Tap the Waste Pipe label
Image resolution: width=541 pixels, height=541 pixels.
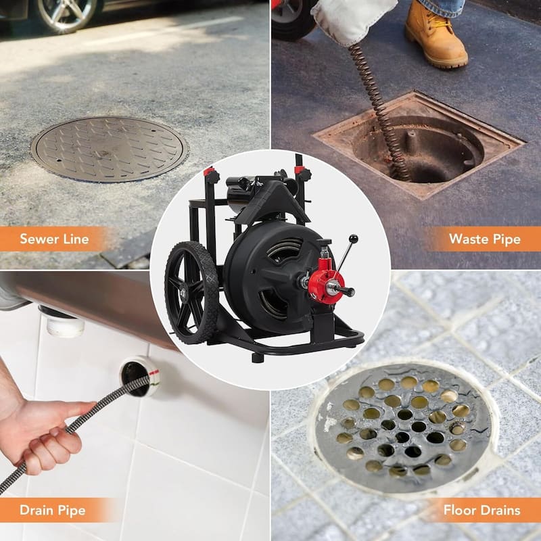pos(484,239)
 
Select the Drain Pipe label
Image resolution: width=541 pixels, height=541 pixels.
pos(53,510)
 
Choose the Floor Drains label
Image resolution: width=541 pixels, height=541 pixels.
pos(481,510)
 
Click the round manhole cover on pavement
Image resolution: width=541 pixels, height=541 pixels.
pos(109,148)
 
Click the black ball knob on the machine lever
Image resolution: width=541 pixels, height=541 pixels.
pos(353,239)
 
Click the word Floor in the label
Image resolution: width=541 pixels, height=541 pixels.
pos(460,510)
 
